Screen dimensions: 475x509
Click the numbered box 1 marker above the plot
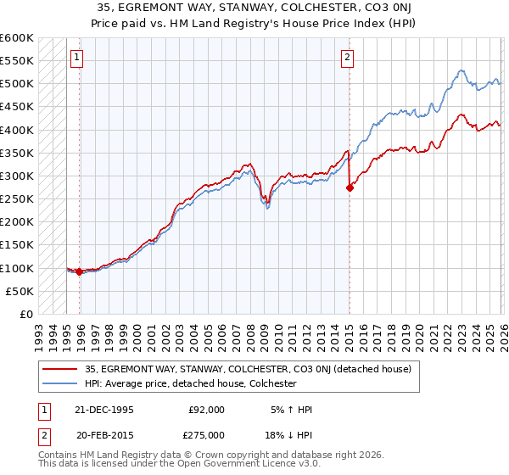pyautogui.click(x=76, y=58)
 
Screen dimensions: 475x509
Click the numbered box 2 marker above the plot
pyautogui.click(x=348, y=58)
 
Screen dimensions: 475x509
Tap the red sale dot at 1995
pyautogui.click(x=79, y=271)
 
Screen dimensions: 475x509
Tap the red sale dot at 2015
pyautogui.click(x=350, y=188)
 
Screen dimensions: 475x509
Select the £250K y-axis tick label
pyautogui.click(x=17, y=199)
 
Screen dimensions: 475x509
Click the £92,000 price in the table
pyautogui.click(x=206, y=410)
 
